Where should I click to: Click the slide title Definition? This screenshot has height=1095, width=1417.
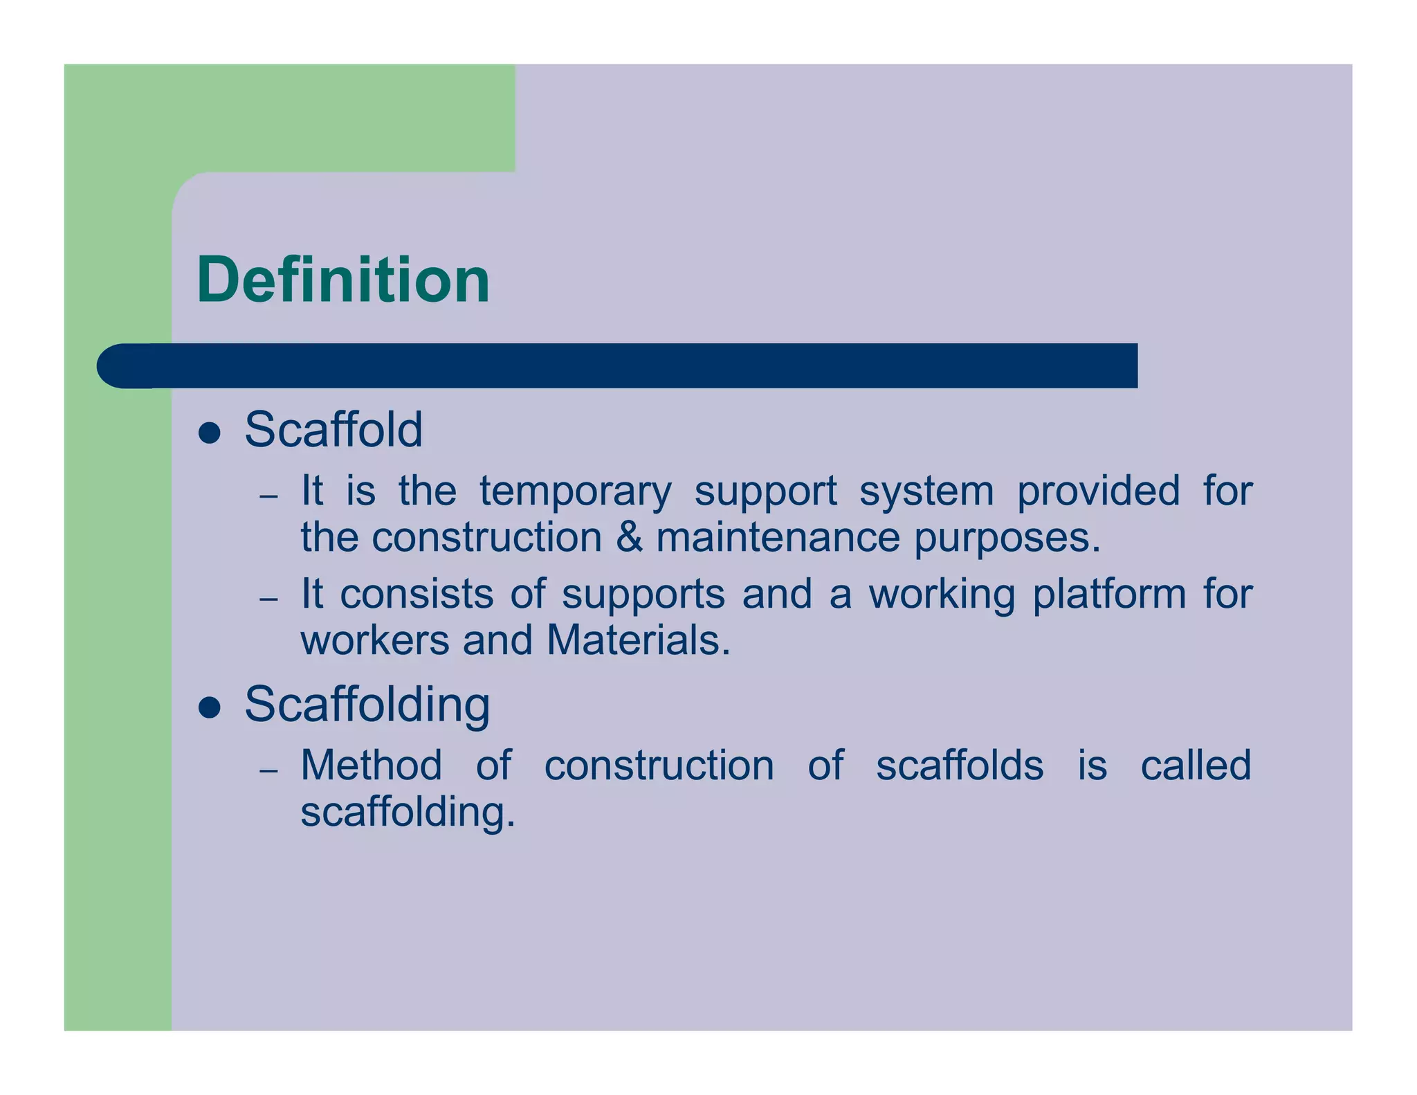pyautogui.click(x=343, y=280)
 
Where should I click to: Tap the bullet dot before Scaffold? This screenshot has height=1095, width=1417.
pyautogui.click(x=209, y=433)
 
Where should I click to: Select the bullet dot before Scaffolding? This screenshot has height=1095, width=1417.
pyautogui.click(x=209, y=707)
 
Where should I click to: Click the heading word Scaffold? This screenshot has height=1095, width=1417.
pyautogui.click(x=333, y=430)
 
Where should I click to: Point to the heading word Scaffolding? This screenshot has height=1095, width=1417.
pyautogui.click(x=367, y=705)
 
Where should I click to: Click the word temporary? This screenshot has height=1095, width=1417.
pyautogui.click(x=576, y=492)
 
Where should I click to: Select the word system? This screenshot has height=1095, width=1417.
pyautogui.click(x=926, y=492)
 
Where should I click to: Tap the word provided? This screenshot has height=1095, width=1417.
pyautogui.click(x=1099, y=491)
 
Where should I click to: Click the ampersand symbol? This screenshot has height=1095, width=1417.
pyautogui.click(x=629, y=538)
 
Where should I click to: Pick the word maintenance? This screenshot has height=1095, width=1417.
pyautogui.click(x=778, y=538)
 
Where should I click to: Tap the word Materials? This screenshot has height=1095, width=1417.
pyautogui.click(x=638, y=640)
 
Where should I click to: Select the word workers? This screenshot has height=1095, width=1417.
pyautogui.click(x=374, y=640)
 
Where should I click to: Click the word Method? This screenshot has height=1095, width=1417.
pyautogui.click(x=372, y=766)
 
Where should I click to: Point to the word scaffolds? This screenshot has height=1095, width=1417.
pyautogui.click(x=960, y=766)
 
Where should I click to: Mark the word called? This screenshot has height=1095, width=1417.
pyautogui.click(x=1196, y=766)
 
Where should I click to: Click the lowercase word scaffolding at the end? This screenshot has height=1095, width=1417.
pyautogui.click(x=408, y=811)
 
